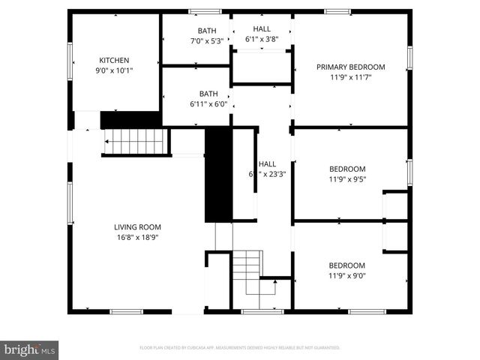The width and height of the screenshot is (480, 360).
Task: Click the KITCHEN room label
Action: [x=115, y=60]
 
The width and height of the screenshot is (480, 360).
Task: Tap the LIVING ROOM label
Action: [x=137, y=227]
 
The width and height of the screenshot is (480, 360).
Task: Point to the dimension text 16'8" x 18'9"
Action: [x=137, y=238]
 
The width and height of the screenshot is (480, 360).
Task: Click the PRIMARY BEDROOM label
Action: [x=350, y=66]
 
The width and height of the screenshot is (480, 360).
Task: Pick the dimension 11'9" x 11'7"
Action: [x=350, y=76]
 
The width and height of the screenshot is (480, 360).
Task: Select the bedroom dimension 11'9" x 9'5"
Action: [x=347, y=180]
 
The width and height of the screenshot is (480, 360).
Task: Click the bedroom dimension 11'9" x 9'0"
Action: [x=347, y=276]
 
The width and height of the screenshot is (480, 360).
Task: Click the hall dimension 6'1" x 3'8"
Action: [x=262, y=40]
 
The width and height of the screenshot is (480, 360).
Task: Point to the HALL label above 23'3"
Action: [x=267, y=163]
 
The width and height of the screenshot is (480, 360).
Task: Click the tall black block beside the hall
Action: [x=216, y=174]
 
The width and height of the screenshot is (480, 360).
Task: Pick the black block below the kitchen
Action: [x=130, y=119]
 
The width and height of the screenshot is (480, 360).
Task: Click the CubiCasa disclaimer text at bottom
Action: [x=240, y=348]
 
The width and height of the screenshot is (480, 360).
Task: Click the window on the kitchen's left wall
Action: [x=70, y=60]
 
